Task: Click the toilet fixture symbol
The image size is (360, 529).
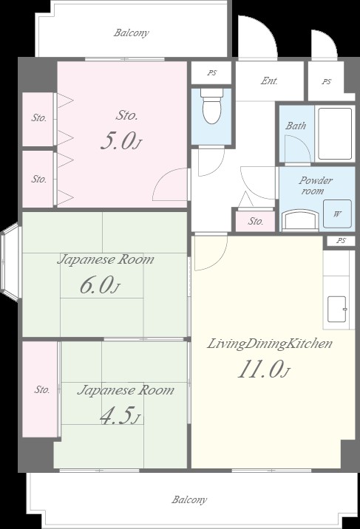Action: [x=211, y=106]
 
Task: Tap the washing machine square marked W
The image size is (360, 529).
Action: [x=337, y=214]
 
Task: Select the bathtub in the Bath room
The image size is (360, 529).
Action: [x=335, y=134]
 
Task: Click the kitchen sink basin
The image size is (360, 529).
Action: [x=337, y=310]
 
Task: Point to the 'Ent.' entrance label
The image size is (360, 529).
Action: [x=269, y=81]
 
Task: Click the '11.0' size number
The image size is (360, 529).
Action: [x=259, y=369]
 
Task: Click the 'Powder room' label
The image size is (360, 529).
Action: [x=315, y=185]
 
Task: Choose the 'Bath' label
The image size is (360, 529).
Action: [x=296, y=126]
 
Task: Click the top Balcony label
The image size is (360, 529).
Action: [x=132, y=33]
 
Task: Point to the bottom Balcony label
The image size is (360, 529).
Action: [x=189, y=499]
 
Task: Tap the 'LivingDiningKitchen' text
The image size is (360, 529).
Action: [x=269, y=344]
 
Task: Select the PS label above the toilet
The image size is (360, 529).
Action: [x=212, y=72]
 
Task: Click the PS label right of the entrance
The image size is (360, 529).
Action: [x=326, y=82]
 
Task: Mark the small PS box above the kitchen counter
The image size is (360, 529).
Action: [x=341, y=241]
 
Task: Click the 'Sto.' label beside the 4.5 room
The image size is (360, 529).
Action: [x=42, y=389]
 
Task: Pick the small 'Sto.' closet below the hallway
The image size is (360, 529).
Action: [x=256, y=222]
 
